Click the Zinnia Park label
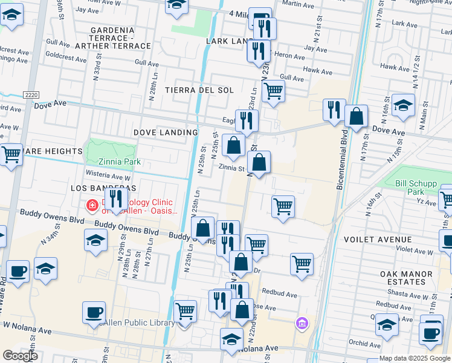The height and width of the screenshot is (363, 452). point(120,162)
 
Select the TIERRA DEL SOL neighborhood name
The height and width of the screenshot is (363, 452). point(199,90)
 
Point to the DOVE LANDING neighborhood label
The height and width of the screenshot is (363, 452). point(166,132)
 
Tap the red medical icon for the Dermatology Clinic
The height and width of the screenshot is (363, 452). point(92,206)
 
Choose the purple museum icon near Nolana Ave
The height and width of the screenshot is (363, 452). point(302,324)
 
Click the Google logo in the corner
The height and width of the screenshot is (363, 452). point(20,356)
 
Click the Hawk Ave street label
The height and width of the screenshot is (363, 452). point(318,71)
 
